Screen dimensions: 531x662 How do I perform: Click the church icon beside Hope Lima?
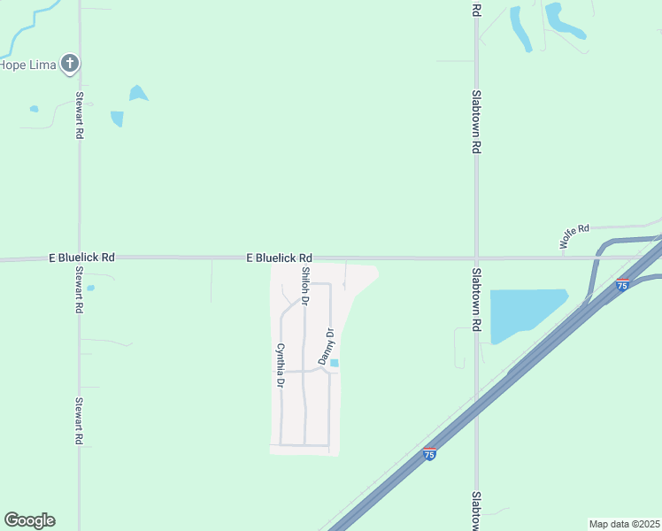[x=70, y=64]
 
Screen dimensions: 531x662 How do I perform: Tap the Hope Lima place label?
[x=27, y=65]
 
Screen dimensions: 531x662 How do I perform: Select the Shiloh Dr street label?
[x=305, y=286]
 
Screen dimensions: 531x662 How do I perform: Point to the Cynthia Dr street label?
[x=280, y=366]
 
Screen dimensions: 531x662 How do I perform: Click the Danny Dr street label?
[x=330, y=345]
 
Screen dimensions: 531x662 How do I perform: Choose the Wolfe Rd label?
[x=573, y=235]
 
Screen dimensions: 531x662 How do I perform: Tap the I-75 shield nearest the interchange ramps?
[x=622, y=285]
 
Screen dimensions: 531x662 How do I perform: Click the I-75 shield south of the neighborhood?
[x=429, y=453]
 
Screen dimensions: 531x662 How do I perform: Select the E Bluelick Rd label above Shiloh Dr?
[x=279, y=258]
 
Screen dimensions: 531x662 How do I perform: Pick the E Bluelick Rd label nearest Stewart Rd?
[x=82, y=258]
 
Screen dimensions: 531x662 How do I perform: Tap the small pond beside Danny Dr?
[x=335, y=362]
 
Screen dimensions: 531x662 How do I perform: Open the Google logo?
[x=29, y=520]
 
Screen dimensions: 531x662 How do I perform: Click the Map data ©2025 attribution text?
[x=624, y=524]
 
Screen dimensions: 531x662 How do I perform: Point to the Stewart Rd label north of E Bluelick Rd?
[x=80, y=115]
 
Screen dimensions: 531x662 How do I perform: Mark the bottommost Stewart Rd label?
[x=79, y=420]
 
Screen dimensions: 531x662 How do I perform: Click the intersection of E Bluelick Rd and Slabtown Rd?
[x=476, y=258]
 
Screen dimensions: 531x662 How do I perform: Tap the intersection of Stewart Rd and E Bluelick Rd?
[x=79, y=258]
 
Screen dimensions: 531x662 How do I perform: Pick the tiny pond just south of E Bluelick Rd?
[x=90, y=288]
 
